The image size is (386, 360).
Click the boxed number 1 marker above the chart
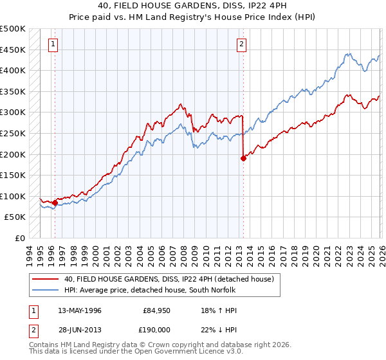pyautogui.click(x=52, y=44)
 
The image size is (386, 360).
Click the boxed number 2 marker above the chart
pyautogui.click(x=241, y=44)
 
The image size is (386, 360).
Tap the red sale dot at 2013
pyautogui.click(x=243, y=158)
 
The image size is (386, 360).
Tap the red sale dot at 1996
pyautogui.click(x=55, y=203)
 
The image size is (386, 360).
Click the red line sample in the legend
pyautogui.click(x=46, y=279)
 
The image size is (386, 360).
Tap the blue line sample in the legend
pyautogui.click(x=46, y=290)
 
